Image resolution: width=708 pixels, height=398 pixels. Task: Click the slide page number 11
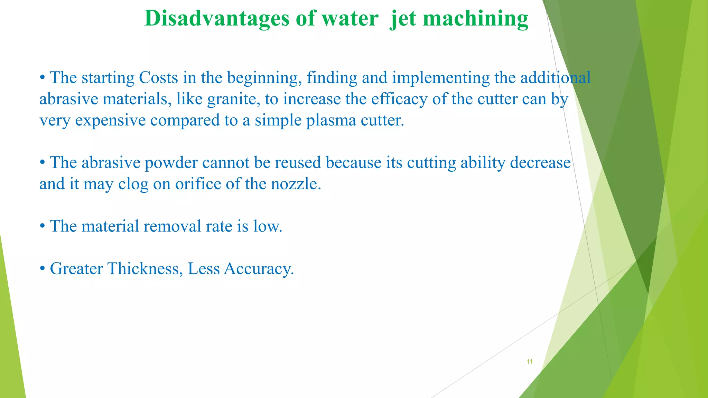529,361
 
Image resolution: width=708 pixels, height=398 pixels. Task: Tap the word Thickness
145,269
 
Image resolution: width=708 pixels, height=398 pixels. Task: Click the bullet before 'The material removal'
43,227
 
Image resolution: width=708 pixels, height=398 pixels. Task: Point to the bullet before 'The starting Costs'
43,78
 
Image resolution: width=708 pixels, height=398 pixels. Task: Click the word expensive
110,121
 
